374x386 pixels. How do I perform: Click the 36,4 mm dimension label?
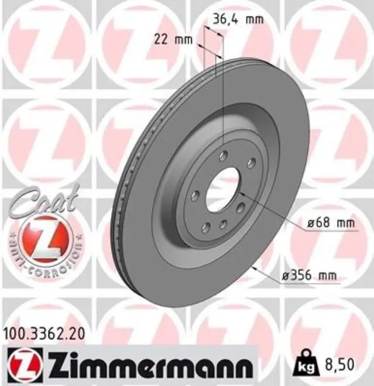coord(237,19)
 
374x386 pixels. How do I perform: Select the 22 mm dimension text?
coord(173,40)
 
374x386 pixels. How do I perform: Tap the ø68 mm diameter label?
coord(331,223)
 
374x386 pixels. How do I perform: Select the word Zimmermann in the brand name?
coord(147,366)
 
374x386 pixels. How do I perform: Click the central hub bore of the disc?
coord(224,187)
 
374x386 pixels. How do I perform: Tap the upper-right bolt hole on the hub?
coord(250,163)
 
